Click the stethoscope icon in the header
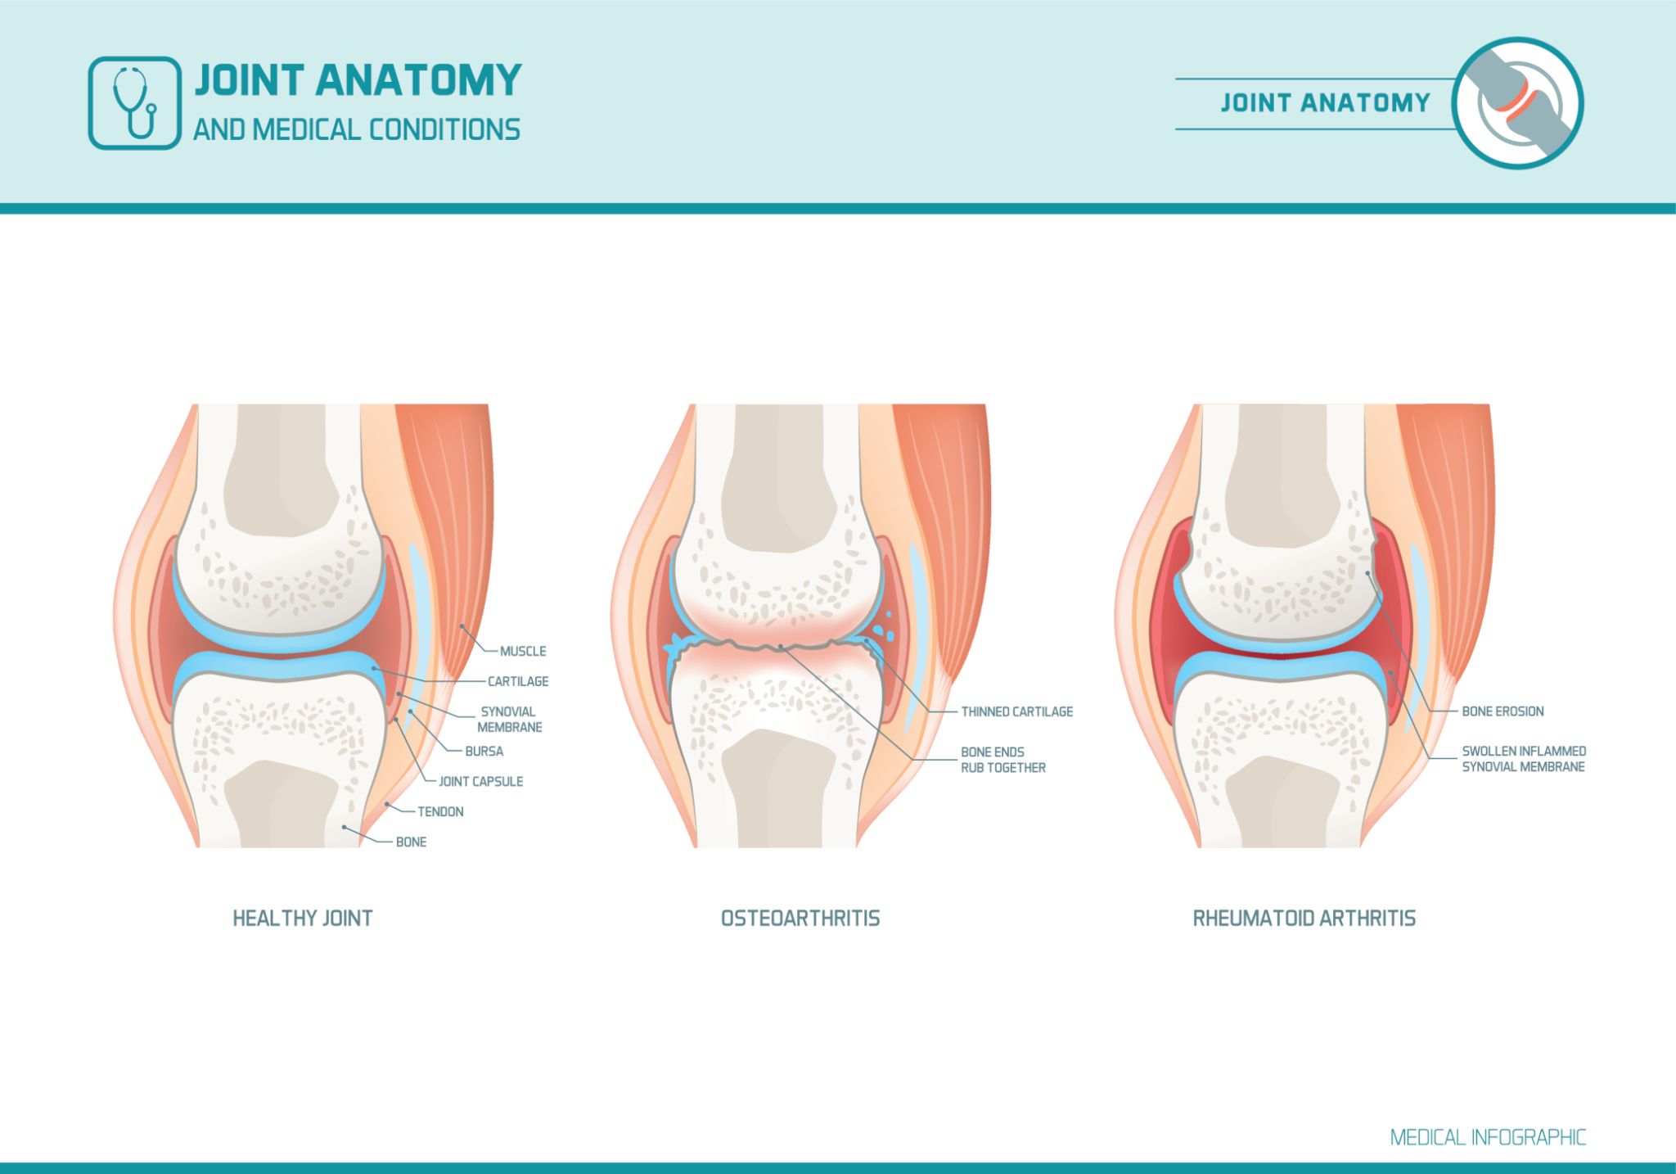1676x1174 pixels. click(134, 103)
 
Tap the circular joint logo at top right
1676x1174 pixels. click(1517, 103)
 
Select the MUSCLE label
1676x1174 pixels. click(523, 652)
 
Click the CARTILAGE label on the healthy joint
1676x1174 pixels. click(518, 681)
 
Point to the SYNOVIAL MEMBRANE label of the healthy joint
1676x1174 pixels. click(509, 720)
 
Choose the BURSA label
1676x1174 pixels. click(484, 751)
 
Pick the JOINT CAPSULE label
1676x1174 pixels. click(480, 781)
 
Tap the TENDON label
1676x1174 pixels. click(440, 811)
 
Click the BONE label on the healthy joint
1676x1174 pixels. click(411, 842)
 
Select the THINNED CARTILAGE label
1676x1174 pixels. click(1016, 711)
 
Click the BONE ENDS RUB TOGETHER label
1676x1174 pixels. click(1002, 760)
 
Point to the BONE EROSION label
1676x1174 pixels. click(1503, 711)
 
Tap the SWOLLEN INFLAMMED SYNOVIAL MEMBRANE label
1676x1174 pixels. click(1523, 759)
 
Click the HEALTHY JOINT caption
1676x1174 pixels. click(303, 919)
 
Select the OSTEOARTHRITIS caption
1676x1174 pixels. click(800, 919)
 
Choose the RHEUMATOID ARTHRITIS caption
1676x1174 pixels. click(1304, 919)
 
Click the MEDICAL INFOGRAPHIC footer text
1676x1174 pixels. click(1487, 1137)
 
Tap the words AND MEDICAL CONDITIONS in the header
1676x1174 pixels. click(357, 130)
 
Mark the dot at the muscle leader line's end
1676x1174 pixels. click(462, 626)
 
